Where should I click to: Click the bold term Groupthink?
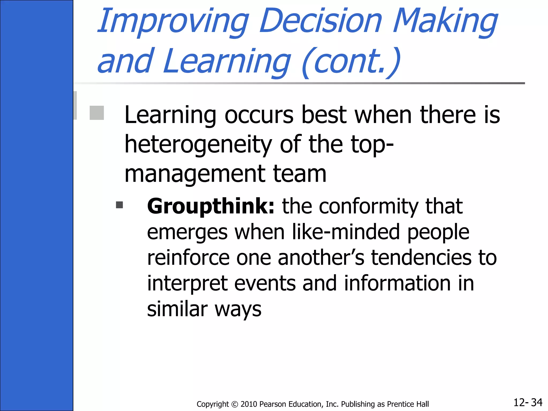(x=211, y=206)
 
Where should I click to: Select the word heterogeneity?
(x=198, y=145)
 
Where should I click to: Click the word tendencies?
(x=421, y=258)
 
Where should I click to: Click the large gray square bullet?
(x=97, y=113)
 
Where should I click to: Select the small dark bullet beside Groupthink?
(x=119, y=205)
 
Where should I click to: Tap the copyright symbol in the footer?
(x=235, y=404)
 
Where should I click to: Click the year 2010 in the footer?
(x=249, y=404)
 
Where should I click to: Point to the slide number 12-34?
(x=528, y=402)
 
